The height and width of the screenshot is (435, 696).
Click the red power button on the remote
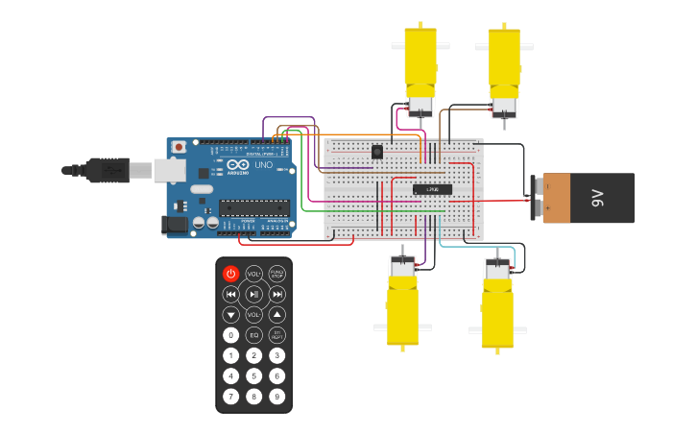tap(230, 274)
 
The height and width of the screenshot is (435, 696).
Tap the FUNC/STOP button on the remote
tap(276, 274)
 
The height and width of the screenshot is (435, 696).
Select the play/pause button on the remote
tap(253, 294)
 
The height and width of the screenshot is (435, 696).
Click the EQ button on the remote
tap(253, 335)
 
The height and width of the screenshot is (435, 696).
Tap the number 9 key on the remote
tap(276, 396)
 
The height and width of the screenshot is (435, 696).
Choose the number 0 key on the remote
tap(230, 335)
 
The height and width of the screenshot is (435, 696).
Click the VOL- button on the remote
tap(253, 314)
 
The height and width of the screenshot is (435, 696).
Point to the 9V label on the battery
tap(597, 198)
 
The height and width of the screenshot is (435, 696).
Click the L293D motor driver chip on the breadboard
tap(432, 189)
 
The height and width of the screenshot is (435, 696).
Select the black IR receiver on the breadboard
tap(377, 151)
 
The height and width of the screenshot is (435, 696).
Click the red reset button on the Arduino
tap(179, 147)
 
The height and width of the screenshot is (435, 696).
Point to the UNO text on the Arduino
tap(263, 164)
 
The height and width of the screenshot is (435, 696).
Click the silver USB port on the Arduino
tap(169, 170)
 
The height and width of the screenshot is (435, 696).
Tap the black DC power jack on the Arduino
tap(175, 224)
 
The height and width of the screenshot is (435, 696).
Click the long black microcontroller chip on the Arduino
tap(253, 206)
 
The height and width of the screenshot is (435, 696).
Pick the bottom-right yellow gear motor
tap(497, 304)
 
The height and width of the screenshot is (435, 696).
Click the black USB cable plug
tap(106, 170)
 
